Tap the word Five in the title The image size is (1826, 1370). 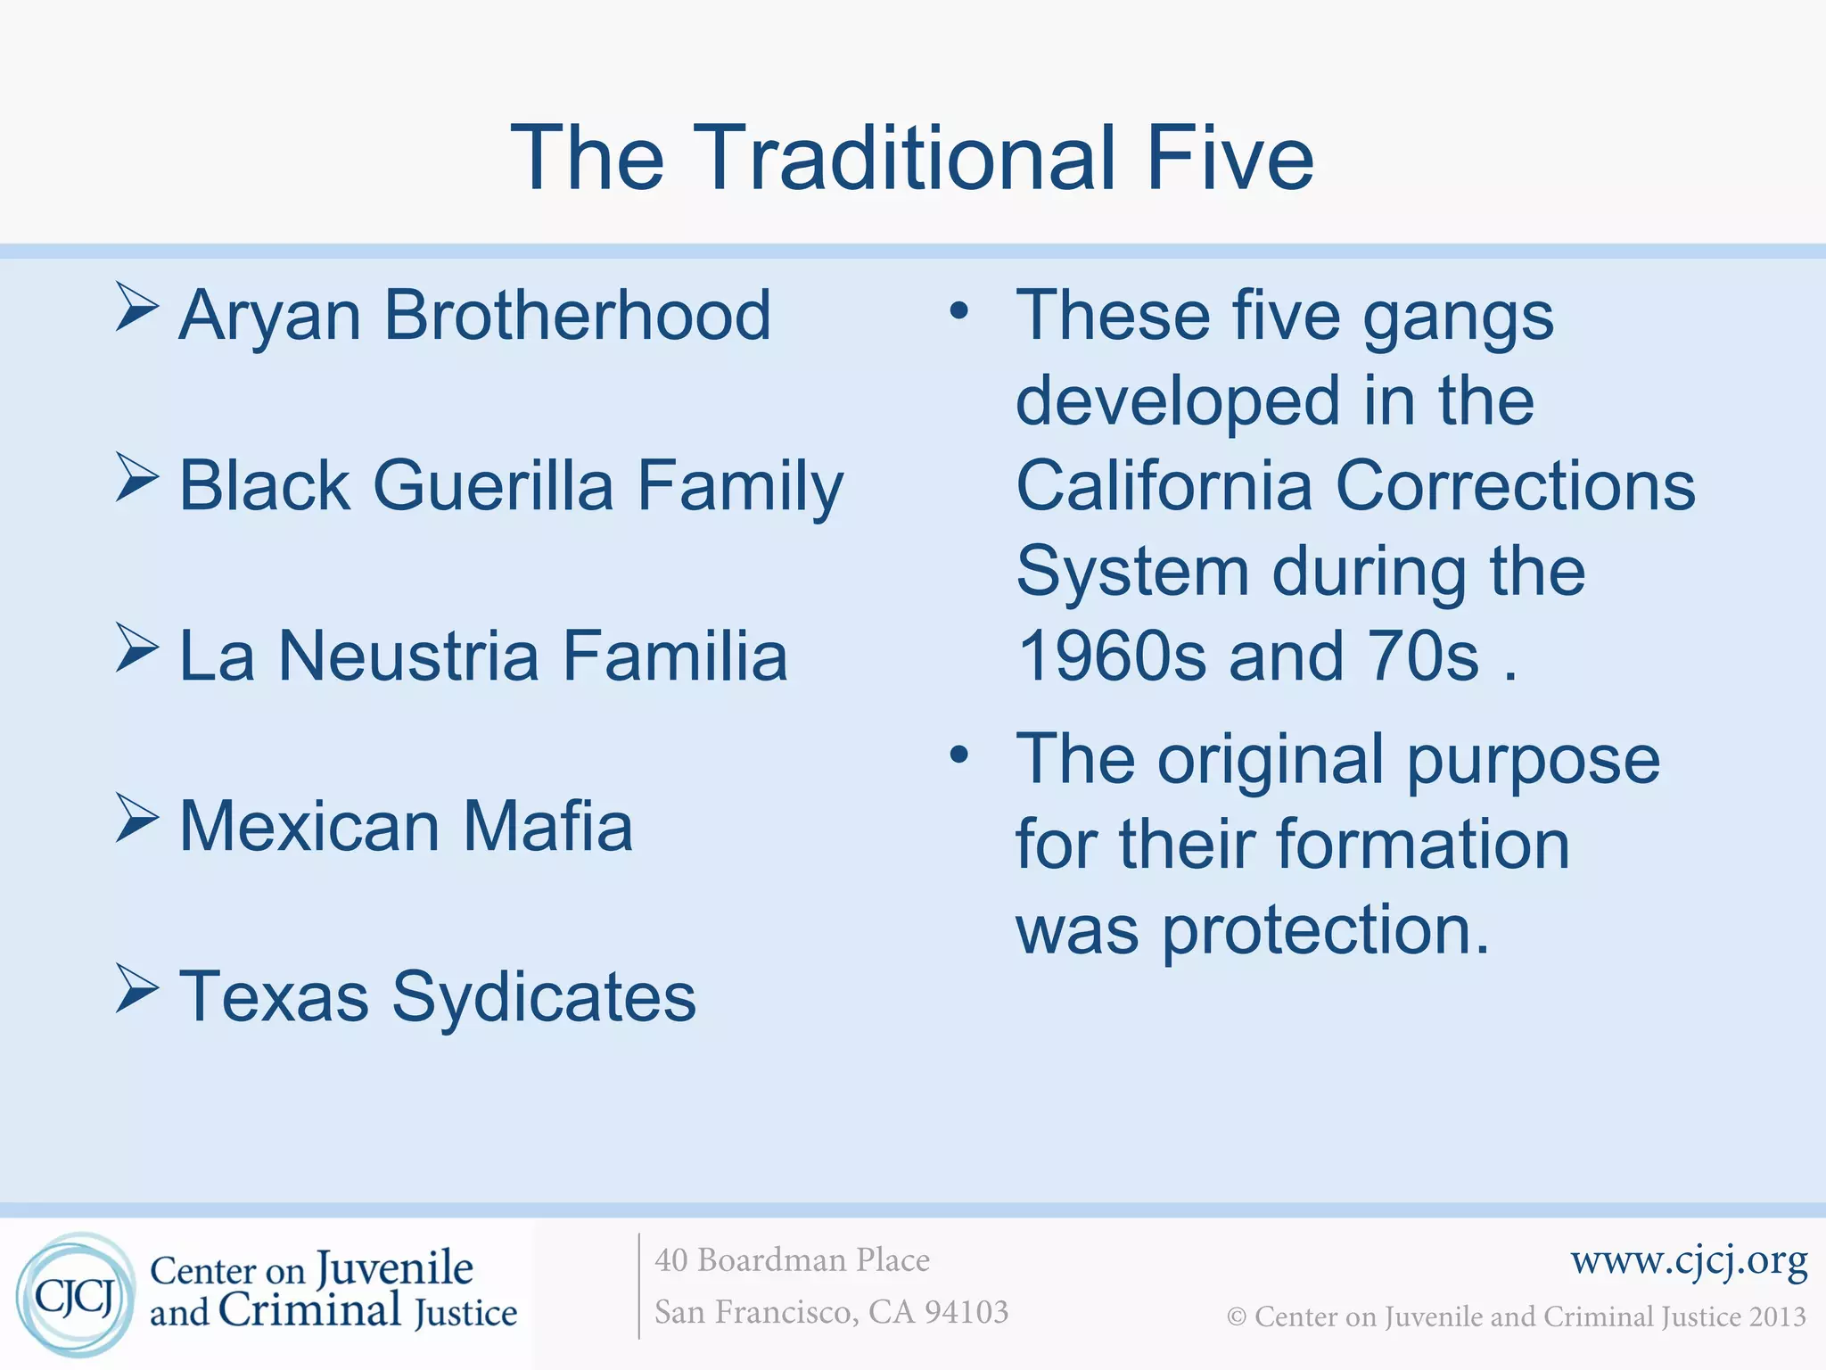click(x=1230, y=159)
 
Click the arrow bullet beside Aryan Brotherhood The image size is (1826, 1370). click(x=136, y=308)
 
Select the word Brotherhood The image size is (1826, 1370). click(x=577, y=316)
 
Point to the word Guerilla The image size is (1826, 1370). click(x=493, y=486)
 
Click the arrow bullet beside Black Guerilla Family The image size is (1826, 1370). click(x=136, y=477)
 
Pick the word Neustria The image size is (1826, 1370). click(x=408, y=656)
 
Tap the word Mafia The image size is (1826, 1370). click(x=547, y=826)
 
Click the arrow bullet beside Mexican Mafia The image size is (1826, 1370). click(x=136, y=818)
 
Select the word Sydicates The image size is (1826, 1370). click(x=544, y=997)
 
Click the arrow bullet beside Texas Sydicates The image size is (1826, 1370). click(x=136, y=988)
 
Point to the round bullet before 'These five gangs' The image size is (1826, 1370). click(x=958, y=311)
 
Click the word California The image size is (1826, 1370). click(x=1164, y=486)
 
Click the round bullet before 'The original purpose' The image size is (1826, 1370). click(x=958, y=755)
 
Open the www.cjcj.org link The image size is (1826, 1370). click(x=1689, y=1261)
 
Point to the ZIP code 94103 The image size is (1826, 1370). click(x=966, y=1312)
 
